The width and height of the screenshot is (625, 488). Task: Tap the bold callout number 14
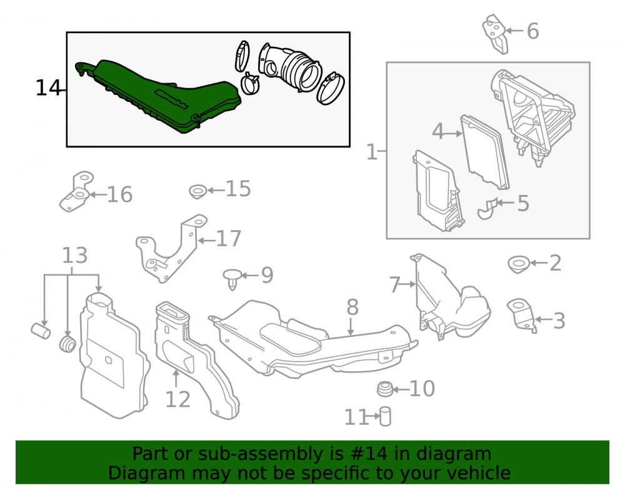[48, 88]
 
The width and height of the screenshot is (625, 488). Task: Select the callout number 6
[533, 31]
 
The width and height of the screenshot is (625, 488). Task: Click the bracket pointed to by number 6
[496, 34]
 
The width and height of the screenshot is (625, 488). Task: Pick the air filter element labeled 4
[485, 151]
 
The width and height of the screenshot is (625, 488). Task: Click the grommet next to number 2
[519, 264]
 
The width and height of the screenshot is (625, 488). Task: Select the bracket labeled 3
[521, 316]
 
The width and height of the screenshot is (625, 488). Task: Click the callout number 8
[352, 307]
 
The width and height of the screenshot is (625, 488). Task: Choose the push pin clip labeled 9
[232, 279]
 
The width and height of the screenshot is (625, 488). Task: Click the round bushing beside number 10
[385, 389]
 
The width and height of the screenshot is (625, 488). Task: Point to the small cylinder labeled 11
[385, 417]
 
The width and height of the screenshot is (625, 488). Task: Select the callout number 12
[177, 399]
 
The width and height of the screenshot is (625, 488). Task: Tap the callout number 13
[74, 256]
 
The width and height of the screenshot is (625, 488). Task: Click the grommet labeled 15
[197, 191]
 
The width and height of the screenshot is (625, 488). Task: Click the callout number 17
[229, 239]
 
